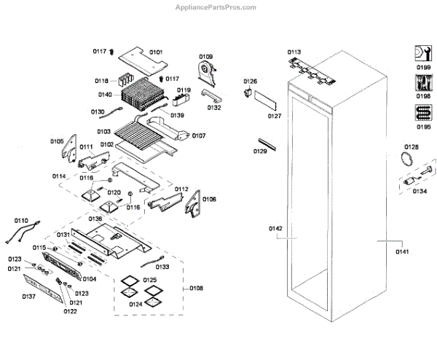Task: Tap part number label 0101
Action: point(157,52)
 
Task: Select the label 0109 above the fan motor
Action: point(206,56)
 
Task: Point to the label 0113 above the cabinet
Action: point(294,52)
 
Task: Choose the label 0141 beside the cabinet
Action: point(403,251)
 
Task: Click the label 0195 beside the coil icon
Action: point(423,127)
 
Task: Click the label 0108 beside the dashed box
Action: point(196,288)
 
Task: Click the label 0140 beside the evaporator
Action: point(104,95)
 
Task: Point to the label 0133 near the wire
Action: point(162,267)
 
